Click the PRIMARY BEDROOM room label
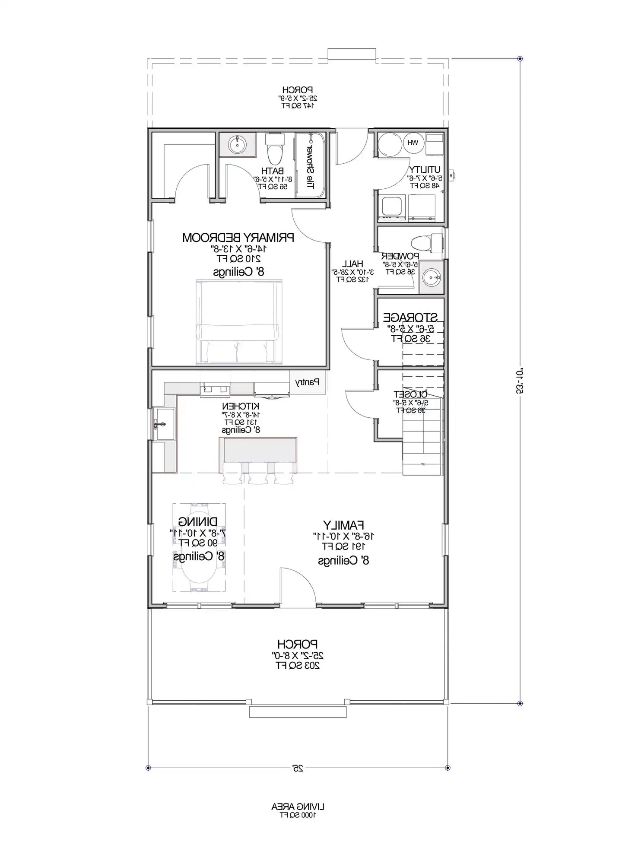[x=238, y=238]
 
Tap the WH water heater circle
[x=413, y=143]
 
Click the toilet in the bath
[x=275, y=149]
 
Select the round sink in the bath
[x=237, y=144]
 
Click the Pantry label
[x=307, y=382]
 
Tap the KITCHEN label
[x=241, y=406]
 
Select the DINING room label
[x=198, y=522]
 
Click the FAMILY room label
[x=343, y=525]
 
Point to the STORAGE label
[x=410, y=318]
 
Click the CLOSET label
[x=410, y=394]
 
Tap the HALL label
[x=352, y=264]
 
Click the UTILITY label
[x=425, y=169]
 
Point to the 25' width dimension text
[x=298, y=768]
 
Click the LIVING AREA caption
[x=298, y=807]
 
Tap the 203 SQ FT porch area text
[x=298, y=666]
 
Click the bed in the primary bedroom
[x=239, y=322]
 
